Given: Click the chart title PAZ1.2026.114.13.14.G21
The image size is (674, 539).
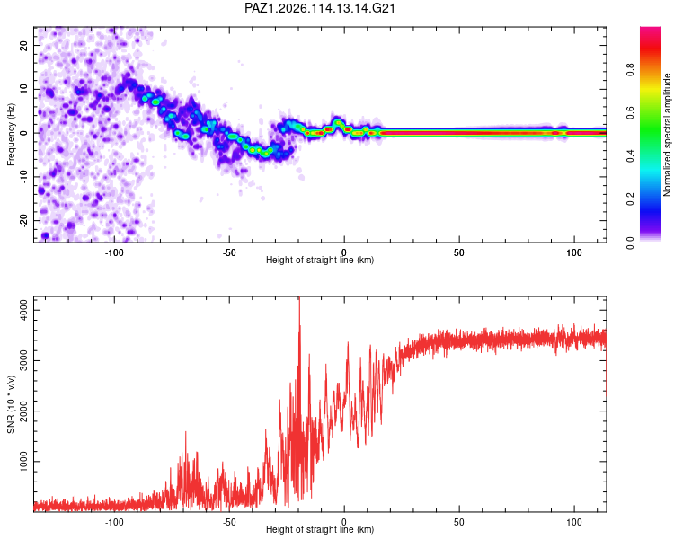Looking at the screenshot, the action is [x=320, y=8].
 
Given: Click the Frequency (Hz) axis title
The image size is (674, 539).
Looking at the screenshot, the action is [x=11, y=135].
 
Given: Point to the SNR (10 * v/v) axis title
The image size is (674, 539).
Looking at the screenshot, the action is [x=11, y=404].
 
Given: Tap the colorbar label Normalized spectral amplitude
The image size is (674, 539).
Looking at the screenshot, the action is [x=667, y=135].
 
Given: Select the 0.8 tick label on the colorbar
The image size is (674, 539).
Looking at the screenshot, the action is [x=630, y=69].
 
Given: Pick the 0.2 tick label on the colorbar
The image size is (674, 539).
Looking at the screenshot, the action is [x=630, y=199].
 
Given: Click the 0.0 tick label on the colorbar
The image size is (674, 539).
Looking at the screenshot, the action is [x=630, y=243].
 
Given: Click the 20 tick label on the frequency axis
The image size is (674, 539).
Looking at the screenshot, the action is [x=23, y=45].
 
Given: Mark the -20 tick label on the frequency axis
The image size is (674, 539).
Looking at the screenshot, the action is [x=23, y=220].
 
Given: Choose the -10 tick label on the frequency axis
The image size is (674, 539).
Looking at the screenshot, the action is [x=23, y=177].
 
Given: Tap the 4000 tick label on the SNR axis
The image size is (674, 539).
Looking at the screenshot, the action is [x=23, y=310].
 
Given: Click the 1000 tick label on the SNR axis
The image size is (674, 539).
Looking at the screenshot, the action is [x=23, y=461].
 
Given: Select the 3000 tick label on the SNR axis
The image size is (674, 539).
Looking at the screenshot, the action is [x=23, y=360].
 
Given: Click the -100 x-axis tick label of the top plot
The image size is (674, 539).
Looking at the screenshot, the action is [x=114, y=252].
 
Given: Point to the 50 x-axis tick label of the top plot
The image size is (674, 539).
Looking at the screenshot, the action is [x=458, y=252].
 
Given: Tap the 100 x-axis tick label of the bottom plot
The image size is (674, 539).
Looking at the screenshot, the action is [x=574, y=522].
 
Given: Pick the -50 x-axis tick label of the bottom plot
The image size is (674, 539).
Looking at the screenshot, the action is [x=229, y=522].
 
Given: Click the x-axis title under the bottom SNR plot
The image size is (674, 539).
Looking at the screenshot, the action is [x=320, y=529].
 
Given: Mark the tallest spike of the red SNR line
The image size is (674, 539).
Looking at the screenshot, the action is [x=299, y=298].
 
